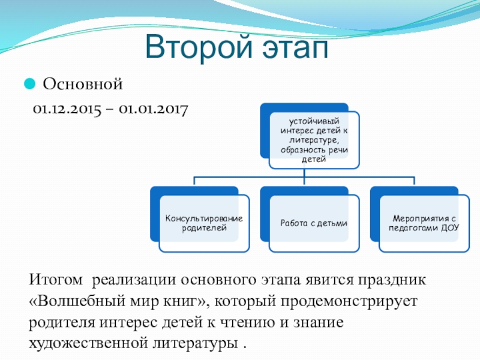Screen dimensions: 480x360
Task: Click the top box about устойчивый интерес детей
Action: point(314,139)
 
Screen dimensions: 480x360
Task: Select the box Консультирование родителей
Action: point(204,223)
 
